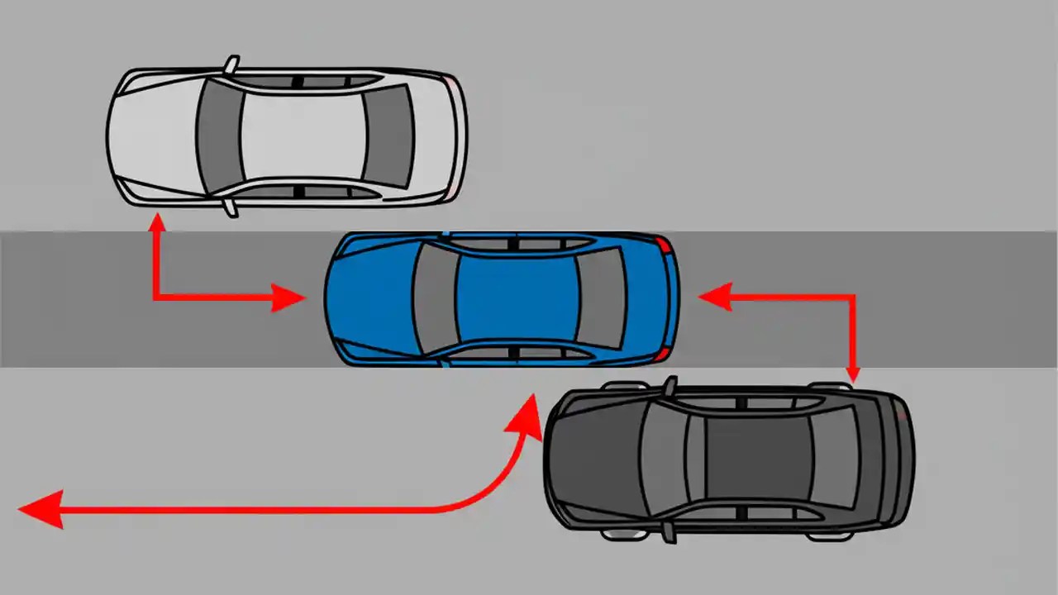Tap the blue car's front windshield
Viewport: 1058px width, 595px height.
click(x=435, y=299)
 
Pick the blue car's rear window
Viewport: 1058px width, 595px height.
click(x=602, y=298)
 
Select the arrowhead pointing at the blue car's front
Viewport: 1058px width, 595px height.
click(x=289, y=297)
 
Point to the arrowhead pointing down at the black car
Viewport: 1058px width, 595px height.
click(x=852, y=374)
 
